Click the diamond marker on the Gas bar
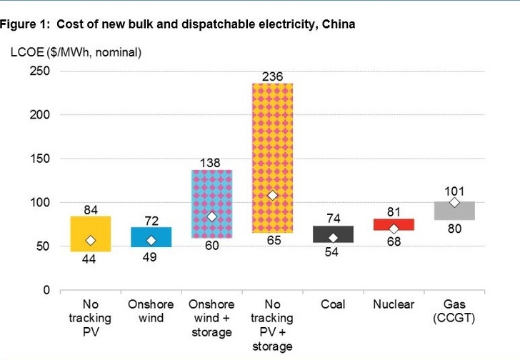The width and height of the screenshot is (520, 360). (454, 202)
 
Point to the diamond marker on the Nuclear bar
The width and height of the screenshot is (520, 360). (394, 229)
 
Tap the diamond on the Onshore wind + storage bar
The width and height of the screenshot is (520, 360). (211, 216)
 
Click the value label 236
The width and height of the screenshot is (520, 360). (272, 76)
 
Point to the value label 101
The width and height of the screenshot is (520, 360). (454, 191)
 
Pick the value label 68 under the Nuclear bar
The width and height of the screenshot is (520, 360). (394, 242)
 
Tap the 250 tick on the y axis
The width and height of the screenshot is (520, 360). (39, 71)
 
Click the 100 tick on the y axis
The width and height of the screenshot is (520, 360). (39, 203)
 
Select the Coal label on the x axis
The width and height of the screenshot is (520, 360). (333, 305)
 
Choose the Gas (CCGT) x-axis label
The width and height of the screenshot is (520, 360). (454, 311)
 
